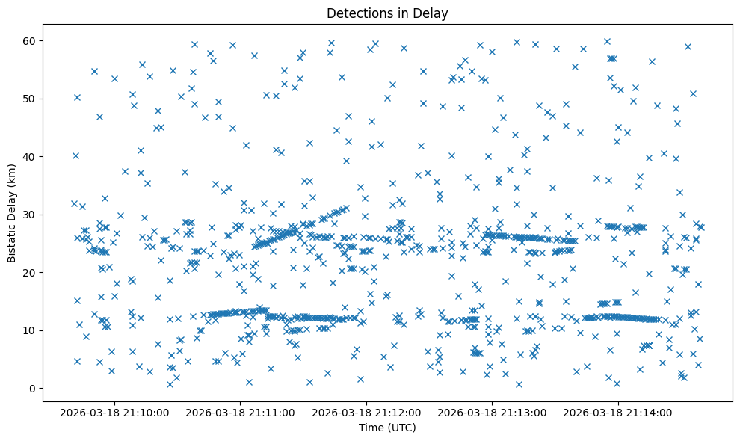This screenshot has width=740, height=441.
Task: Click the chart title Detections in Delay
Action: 387,13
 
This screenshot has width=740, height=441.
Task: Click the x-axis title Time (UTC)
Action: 387,428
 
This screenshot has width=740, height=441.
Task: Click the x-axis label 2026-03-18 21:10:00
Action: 115,412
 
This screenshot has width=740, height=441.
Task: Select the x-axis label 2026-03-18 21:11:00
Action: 241,412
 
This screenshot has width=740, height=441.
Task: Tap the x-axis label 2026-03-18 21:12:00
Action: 367,412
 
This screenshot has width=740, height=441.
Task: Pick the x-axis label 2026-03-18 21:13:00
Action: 493,412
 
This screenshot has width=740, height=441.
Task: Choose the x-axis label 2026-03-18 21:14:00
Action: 618,412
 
